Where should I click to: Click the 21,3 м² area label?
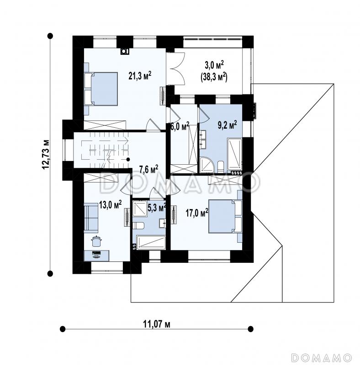[x=140, y=75]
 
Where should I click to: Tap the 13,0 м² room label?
[x=111, y=205]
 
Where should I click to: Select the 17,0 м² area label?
[x=197, y=213]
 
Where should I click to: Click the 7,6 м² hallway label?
[x=149, y=169]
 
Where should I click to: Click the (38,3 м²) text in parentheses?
[x=214, y=78]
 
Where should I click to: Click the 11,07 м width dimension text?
[x=156, y=324]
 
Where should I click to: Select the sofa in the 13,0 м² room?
[x=91, y=217]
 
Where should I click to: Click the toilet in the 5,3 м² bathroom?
[x=138, y=225]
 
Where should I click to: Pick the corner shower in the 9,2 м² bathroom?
[x=206, y=165]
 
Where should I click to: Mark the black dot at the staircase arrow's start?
[x=128, y=159]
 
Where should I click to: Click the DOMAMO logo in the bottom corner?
[x=322, y=357]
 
